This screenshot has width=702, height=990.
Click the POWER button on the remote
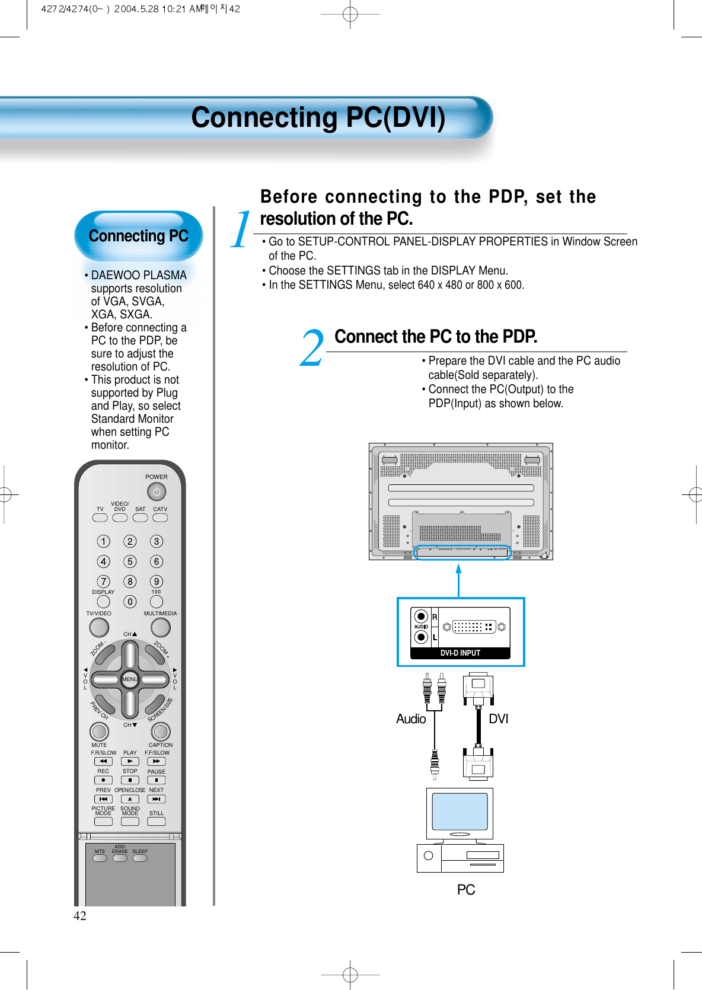pyautogui.click(x=157, y=492)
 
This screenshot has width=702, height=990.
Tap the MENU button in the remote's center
pyautogui.click(x=130, y=679)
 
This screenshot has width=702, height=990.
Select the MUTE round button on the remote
pyautogui.click(x=99, y=732)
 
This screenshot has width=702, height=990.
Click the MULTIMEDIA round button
pyautogui.click(x=160, y=627)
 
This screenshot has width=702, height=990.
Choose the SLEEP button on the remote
pyautogui.click(x=140, y=858)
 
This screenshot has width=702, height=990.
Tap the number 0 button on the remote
pyautogui.click(x=130, y=602)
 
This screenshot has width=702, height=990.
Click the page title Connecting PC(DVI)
pyautogui.click(x=318, y=117)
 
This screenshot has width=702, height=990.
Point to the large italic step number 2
pyautogui.click(x=312, y=349)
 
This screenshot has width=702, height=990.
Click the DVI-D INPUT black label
pyautogui.click(x=460, y=653)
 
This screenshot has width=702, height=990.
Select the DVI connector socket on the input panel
pyautogui.click(x=474, y=627)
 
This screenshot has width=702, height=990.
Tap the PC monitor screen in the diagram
pyautogui.click(x=460, y=812)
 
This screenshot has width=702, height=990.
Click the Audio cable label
pyautogui.click(x=411, y=719)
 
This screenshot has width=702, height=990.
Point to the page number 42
pyautogui.click(x=79, y=916)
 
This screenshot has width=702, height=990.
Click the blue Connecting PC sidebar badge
pyautogui.click(x=138, y=236)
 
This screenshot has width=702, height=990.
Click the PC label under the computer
pyautogui.click(x=465, y=890)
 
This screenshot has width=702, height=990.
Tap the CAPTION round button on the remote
pyautogui.click(x=161, y=732)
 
